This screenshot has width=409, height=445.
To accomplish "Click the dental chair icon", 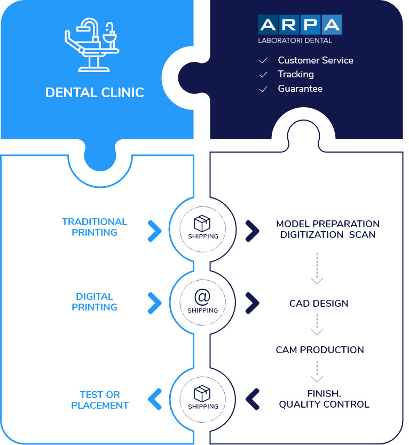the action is coord(91,45).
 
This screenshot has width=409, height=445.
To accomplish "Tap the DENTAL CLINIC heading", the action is coord(95,92).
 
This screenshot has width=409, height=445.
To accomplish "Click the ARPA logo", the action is coord(300,25).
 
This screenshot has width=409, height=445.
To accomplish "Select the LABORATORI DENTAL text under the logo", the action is coord(295,41).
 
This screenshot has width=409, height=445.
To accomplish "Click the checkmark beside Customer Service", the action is coord(263,60).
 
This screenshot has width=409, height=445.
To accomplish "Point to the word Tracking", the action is coord(296,74).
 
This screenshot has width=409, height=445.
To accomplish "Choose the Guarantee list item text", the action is coord(300,89).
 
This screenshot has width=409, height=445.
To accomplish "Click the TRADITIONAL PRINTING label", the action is coord(95,227).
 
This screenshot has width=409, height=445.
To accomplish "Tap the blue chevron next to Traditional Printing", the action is coord(155,231).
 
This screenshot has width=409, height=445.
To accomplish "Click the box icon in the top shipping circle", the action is coord(202,224).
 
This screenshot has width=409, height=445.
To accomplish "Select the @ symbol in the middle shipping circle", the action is coord(202,297).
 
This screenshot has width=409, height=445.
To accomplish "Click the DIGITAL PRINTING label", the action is coord(95,301).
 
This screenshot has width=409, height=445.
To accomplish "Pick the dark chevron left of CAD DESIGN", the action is coord(252,303).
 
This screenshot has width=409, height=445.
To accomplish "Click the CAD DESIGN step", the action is coord(319,304).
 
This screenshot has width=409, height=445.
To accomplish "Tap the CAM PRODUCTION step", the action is coord(320,349).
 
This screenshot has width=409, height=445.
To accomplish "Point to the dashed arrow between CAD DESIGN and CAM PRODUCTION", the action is coord(317,324).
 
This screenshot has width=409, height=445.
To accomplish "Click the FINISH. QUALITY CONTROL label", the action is coord(324,399).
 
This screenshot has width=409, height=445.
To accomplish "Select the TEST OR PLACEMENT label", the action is coord(100,400).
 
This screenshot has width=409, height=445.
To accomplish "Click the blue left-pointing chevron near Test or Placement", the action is coord(155,399).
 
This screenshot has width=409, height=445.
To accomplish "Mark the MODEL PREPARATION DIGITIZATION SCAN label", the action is coord(328,229).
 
